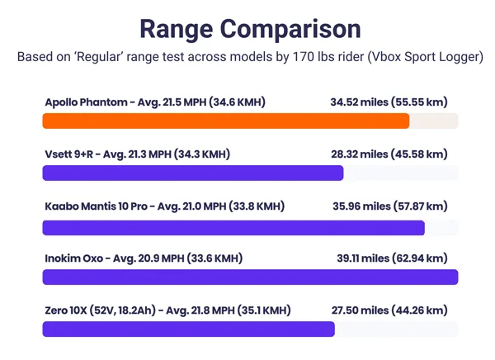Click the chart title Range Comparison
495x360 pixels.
click(x=249, y=28)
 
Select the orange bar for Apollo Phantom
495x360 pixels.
click(x=225, y=121)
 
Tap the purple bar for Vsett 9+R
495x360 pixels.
click(x=192, y=173)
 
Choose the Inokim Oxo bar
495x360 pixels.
click(x=249, y=277)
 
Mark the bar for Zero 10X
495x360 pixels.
click(x=188, y=329)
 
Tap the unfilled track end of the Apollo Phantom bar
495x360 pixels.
click(x=434, y=121)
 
